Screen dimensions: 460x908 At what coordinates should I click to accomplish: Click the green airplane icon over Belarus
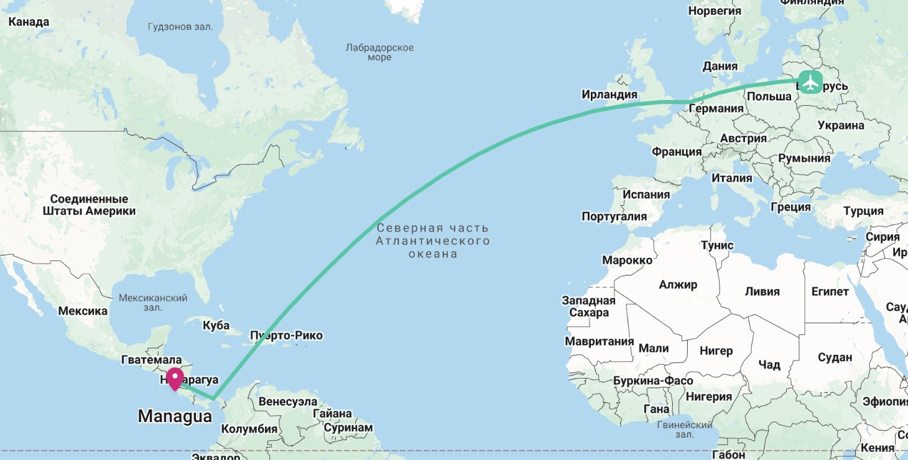810,82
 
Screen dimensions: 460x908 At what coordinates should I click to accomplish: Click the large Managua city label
175,416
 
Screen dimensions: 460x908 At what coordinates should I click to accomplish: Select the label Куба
216,325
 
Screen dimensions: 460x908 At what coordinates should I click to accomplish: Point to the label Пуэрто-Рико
286,336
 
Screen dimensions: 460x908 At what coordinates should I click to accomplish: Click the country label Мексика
83,311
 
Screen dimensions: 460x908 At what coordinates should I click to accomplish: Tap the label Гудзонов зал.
180,27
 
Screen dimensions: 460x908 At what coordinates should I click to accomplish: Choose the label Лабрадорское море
379,52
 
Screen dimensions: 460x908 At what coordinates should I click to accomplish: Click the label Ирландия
609,94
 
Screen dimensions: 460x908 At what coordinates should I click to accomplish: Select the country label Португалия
614,216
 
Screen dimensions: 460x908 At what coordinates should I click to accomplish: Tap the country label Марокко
628,260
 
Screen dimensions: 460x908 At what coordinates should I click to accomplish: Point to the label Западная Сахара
588,306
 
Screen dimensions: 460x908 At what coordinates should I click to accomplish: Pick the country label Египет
830,291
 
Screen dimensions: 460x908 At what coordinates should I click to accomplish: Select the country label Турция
863,211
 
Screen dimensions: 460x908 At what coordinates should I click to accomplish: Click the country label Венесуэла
287,402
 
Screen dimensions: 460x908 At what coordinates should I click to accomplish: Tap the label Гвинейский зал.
684,430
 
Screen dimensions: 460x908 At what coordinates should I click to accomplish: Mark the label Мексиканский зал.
153,303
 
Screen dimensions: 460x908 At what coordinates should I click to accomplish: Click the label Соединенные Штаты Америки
89,205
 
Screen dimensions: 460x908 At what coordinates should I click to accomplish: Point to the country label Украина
841,125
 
